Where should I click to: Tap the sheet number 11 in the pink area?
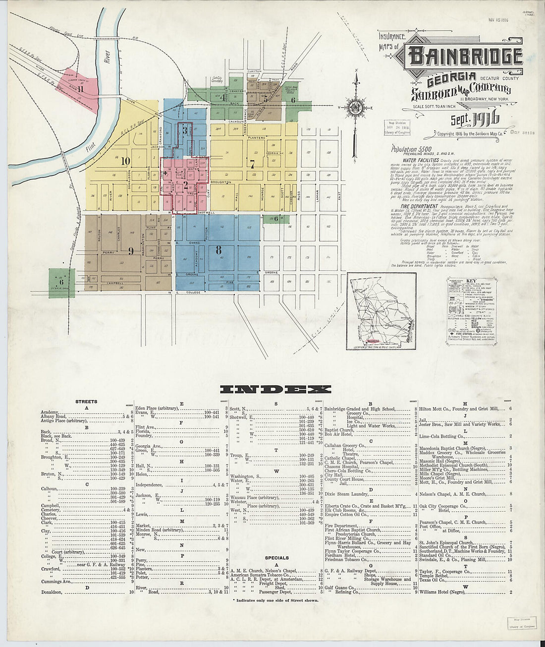tap(79, 89)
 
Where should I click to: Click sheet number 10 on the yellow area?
tap(125, 161)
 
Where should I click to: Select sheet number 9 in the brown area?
tap(131, 250)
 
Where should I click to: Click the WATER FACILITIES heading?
tap(420, 161)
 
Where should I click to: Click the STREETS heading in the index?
tap(86, 402)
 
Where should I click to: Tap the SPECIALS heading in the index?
tap(276, 558)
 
